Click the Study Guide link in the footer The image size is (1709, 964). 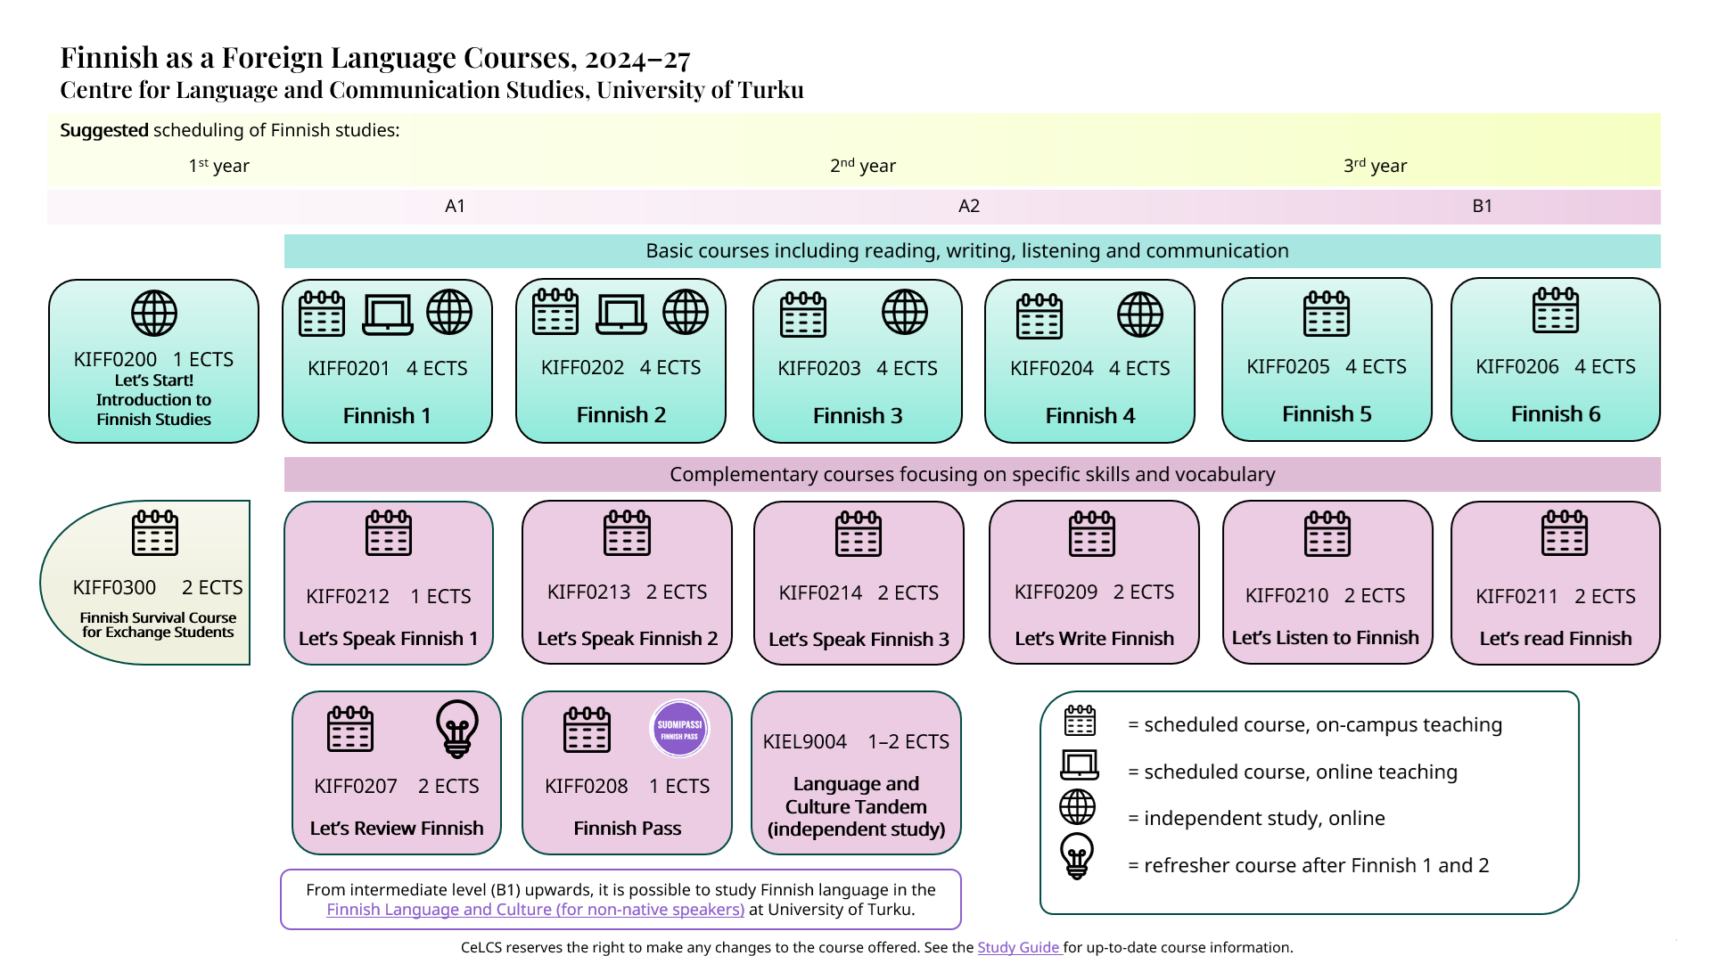click(1018, 947)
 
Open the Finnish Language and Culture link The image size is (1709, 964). click(535, 909)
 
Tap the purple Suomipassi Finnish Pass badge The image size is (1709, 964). click(679, 729)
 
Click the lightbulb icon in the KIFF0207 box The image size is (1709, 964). click(457, 729)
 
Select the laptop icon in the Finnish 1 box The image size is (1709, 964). click(388, 314)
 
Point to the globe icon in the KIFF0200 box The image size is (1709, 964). click(154, 314)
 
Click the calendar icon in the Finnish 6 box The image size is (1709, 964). click(1556, 311)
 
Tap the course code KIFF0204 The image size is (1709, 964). click(1051, 368)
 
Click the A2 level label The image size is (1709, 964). click(969, 206)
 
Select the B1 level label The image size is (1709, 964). click(1482, 206)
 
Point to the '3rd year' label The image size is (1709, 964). click(1375, 166)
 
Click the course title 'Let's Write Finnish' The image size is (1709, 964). click(1094, 638)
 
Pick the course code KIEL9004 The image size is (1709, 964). click(804, 741)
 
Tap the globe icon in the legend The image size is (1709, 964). click(1077, 807)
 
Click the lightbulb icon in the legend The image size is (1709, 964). click(1077, 856)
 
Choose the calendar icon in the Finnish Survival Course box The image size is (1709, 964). click(155, 533)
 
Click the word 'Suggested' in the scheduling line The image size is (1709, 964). click(103, 130)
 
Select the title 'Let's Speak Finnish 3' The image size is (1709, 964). click(859, 639)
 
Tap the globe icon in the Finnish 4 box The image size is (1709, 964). click(1140, 315)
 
